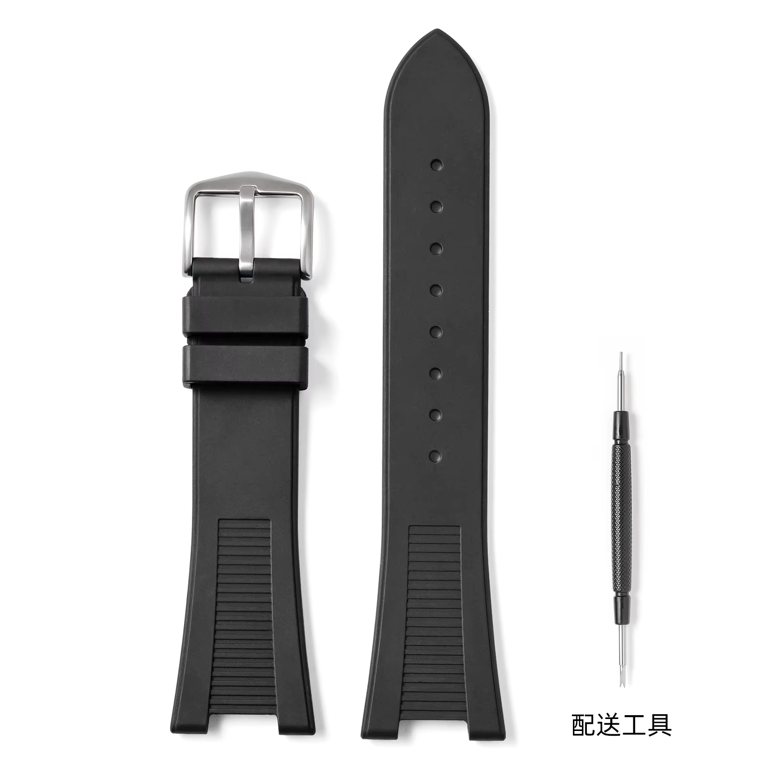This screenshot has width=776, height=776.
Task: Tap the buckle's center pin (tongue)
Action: coord(247,235)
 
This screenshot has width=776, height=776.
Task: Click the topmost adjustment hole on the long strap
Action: coord(436,166)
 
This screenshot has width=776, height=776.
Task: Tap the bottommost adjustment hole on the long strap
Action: coord(436,456)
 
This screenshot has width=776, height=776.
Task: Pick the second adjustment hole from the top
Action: coord(436,207)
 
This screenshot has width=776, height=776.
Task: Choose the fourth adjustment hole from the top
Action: coord(436,290)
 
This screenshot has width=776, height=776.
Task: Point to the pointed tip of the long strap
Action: coord(436,31)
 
